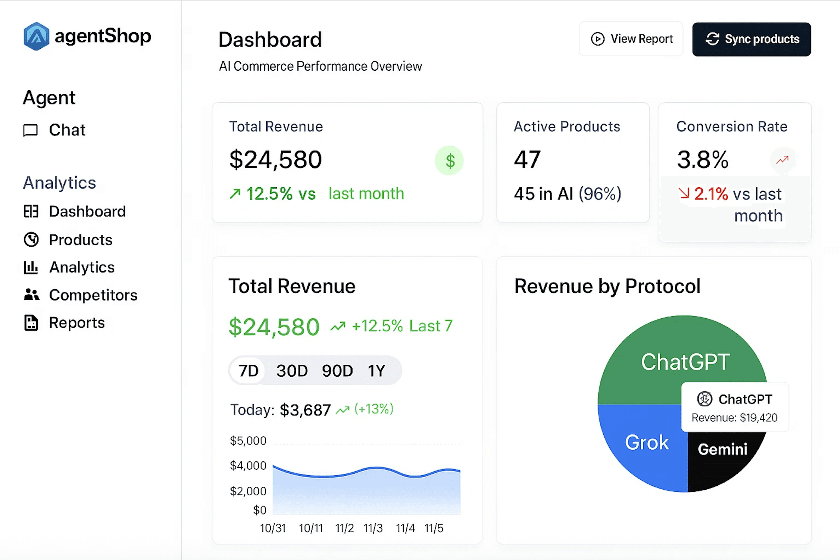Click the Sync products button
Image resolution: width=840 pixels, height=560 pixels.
tap(751, 39)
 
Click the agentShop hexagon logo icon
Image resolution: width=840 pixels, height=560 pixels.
tap(36, 36)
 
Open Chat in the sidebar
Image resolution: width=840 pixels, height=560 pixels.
tap(67, 130)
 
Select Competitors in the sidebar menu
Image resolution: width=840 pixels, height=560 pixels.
tap(93, 295)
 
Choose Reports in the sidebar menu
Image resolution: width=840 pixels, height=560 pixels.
tap(77, 323)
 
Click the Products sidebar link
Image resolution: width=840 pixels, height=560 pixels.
tap(80, 240)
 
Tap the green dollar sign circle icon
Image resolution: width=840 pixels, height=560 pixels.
tap(450, 161)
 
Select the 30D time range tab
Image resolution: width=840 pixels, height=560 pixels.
tap(292, 371)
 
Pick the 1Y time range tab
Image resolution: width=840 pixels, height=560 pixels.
tap(376, 371)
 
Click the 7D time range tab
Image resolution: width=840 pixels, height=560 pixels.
tap(248, 371)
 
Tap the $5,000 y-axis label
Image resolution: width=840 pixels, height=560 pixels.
tap(248, 441)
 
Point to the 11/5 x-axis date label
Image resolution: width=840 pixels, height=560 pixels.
tap(434, 528)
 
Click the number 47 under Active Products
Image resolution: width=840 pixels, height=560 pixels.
tap(527, 160)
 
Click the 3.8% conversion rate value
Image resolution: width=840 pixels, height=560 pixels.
tap(703, 160)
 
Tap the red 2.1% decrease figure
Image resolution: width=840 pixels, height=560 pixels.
tap(711, 194)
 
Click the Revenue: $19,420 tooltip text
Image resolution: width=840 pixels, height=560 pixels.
tap(734, 418)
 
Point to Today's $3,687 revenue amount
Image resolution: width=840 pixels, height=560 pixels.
tap(305, 410)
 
